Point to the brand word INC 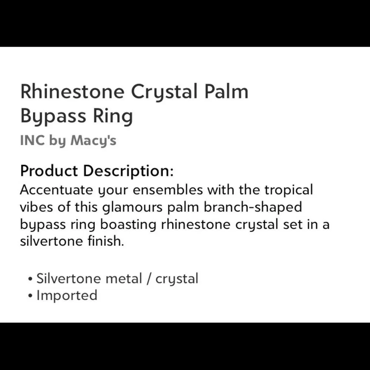pyautogui.click(x=32, y=141)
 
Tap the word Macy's pyautogui.click(x=93, y=141)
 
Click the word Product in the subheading pyautogui.click(x=49, y=171)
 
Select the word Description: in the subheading pyautogui.click(x=128, y=171)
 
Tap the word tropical pyautogui.click(x=288, y=190)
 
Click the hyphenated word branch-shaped pyautogui.click(x=253, y=207)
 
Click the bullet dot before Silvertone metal pyautogui.click(x=31, y=279)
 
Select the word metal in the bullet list pyautogui.click(x=124, y=279)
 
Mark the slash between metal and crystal pyautogui.click(x=149, y=279)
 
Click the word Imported pyautogui.click(x=67, y=295)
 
